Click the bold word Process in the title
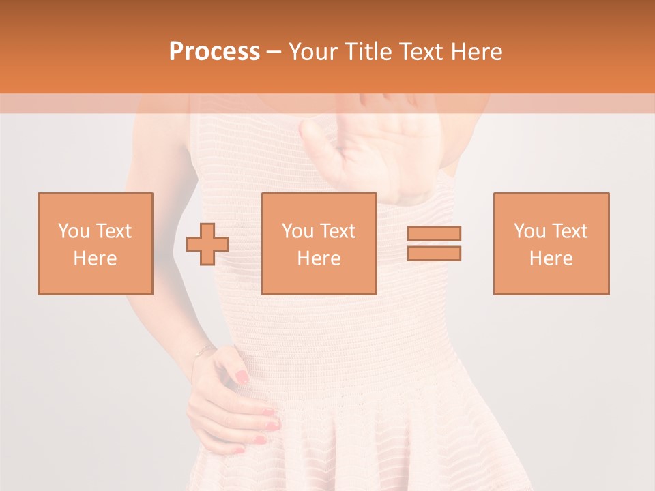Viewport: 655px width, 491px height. [x=214, y=52]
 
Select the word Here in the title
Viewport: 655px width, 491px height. [x=475, y=52]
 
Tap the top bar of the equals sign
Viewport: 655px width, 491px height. [x=434, y=233]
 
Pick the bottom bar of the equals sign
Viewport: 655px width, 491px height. [x=434, y=253]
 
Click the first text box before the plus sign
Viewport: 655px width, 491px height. [x=96, y=243]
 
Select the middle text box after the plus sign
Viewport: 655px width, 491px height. [x=319, y=243]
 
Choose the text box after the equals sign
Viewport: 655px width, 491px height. [x=551, y=243]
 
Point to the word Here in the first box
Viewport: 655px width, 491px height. [x=96, y=258]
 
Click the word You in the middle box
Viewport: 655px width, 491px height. [x=297, y=231]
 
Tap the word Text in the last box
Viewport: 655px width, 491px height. [x=570, y=231]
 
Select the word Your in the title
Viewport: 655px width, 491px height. [x=313, y=52]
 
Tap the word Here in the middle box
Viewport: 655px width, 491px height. [x=319, y=258]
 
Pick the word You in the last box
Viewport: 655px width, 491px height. [x=529, y=231]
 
